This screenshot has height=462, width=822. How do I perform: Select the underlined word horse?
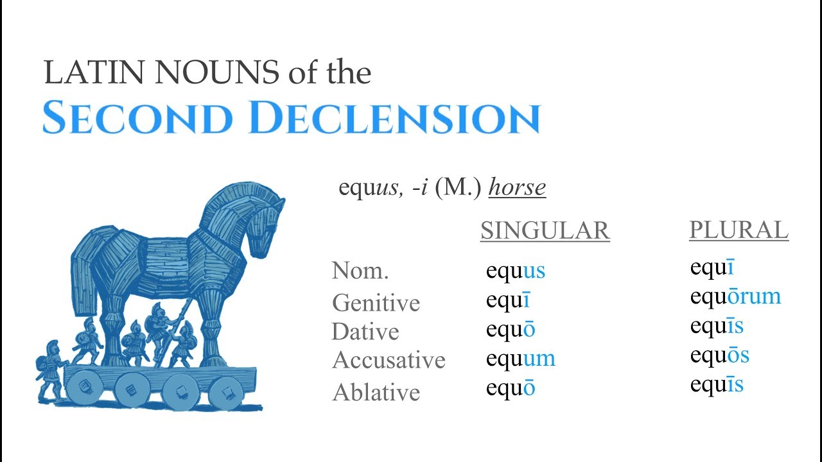pos(517,188)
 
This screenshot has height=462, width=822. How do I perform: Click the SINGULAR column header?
pos(545,230)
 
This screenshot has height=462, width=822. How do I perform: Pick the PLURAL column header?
pos(739,230)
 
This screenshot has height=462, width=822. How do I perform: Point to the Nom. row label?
pos(360,271)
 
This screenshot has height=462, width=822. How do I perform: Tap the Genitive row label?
pos(376,302)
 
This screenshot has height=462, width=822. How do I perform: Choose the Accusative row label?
pos(389,360)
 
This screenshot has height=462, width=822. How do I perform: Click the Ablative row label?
pos(376,392)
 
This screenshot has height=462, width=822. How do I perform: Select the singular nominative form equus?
pos(515,271)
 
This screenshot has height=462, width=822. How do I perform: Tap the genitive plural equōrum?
pos(735,296)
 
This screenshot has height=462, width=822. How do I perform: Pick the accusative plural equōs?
pos(719,355)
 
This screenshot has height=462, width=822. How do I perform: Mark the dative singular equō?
pos(510,330)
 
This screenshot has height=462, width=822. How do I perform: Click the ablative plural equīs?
pos(717,384)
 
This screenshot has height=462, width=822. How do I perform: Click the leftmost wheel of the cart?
pos(82,387)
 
